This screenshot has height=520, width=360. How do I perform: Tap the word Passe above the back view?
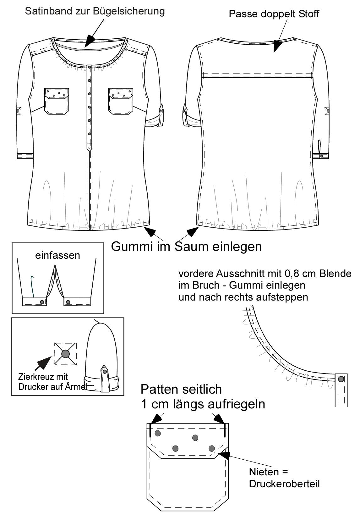point(243,14)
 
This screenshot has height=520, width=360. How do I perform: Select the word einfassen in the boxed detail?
point(57,255)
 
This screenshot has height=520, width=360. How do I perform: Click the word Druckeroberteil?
point(284,484)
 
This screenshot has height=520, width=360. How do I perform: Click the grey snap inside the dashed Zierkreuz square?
point(66,354)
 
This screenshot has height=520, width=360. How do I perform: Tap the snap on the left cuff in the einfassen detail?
point(42,302)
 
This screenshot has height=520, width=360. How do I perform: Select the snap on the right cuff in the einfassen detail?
point(68,302)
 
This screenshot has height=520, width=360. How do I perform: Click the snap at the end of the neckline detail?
point(341,379)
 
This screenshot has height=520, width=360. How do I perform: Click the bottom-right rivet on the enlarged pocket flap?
point(211,448)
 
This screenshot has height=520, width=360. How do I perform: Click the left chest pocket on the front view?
point(57,101)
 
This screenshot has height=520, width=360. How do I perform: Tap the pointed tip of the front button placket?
point(89,151)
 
